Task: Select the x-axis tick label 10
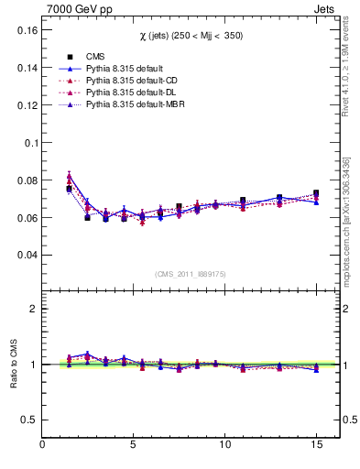tap(225, 446)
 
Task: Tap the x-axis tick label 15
tap(316, 446)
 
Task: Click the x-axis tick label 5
tap(134, 446)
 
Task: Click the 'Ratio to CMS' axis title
tap(14, 365)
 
